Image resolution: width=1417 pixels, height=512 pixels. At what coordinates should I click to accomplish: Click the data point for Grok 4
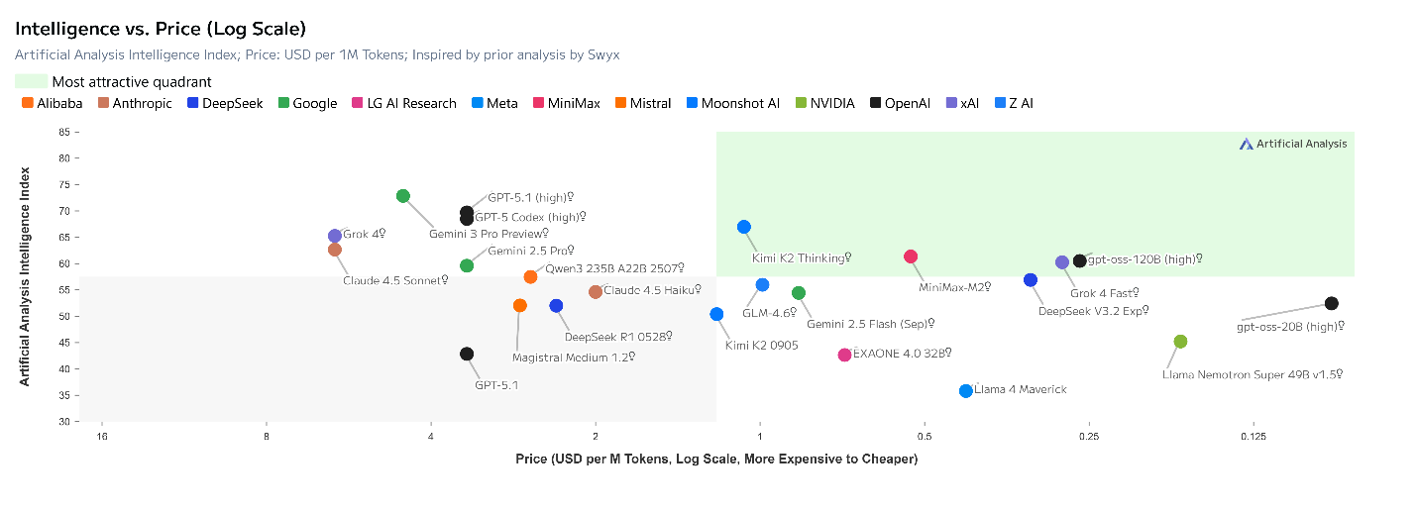335,236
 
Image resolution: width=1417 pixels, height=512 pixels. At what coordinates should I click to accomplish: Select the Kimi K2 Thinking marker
744,227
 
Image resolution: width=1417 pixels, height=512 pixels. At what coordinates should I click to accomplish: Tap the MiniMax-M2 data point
911,256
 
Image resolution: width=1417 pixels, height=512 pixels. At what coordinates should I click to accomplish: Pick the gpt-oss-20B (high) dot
1331,303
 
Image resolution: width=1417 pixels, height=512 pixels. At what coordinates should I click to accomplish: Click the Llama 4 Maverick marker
965,391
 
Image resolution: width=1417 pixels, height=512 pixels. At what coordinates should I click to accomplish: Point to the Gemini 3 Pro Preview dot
403,196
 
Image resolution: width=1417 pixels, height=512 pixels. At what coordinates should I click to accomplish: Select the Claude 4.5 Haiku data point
596,292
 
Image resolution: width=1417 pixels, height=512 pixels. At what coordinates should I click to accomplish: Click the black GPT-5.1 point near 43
466,354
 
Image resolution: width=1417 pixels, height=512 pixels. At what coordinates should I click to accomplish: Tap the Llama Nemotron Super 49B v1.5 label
1252,374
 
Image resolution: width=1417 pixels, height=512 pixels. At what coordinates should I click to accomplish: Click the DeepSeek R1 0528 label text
618,337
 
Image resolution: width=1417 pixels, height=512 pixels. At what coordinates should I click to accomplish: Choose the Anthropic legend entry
135,103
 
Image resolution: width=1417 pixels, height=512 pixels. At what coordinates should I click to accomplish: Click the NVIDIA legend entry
824,103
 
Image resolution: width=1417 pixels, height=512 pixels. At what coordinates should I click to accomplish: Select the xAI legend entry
962,103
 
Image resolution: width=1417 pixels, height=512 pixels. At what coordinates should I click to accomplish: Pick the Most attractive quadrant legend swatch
31,81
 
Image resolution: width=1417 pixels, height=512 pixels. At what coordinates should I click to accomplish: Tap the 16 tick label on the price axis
102,436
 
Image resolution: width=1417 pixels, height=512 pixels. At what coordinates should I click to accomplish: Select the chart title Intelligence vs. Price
161,29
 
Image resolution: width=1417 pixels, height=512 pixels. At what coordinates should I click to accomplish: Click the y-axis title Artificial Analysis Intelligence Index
25,276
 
